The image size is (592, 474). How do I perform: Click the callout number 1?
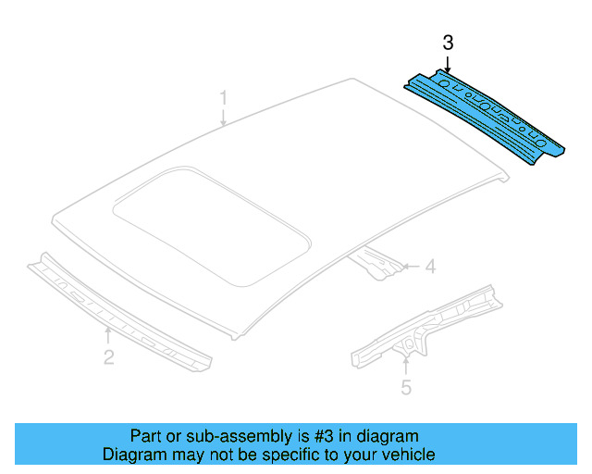[223, 96]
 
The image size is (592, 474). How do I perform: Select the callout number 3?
[448, 43]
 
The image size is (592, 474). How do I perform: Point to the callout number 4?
[429, 268]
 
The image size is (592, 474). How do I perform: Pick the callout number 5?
[405, 388]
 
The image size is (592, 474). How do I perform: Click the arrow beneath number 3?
[448, 63]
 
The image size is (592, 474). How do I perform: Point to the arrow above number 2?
[109, 334]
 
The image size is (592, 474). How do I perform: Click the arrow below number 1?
[223, 117]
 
